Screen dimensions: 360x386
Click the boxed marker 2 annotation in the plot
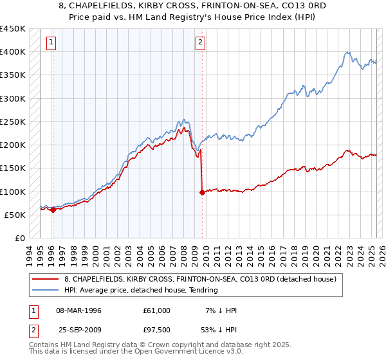(201, 43)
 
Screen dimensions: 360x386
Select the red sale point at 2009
(203, 192)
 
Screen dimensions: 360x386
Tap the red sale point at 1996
(53, 210)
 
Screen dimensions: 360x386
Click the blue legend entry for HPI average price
(141, 290)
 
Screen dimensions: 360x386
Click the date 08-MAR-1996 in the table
(84, 310)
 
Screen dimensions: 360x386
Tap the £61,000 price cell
(158, 310)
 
